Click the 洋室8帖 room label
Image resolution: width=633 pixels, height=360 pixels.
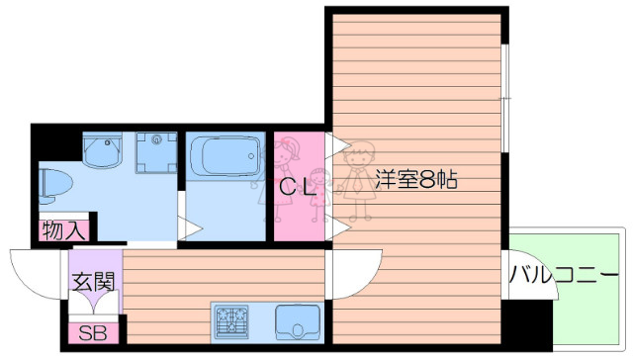click(415, 181)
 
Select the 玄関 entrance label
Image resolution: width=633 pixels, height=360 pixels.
click(93, 280)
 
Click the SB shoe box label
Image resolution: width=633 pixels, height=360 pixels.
click(93, 332)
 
